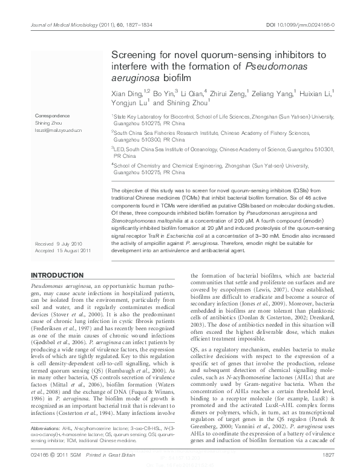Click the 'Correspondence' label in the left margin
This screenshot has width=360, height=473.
[x=52, y=115]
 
